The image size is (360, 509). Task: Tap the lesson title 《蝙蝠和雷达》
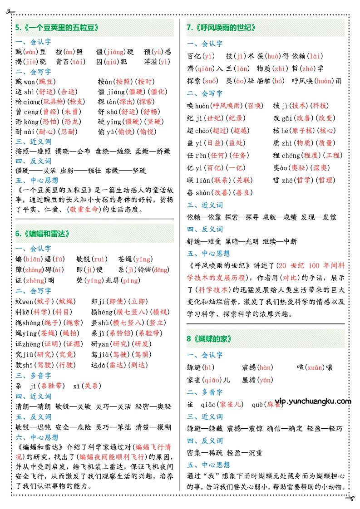(45, 234)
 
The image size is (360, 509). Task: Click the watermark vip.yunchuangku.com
(313, 401)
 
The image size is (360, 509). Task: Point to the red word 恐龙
(70, 122)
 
